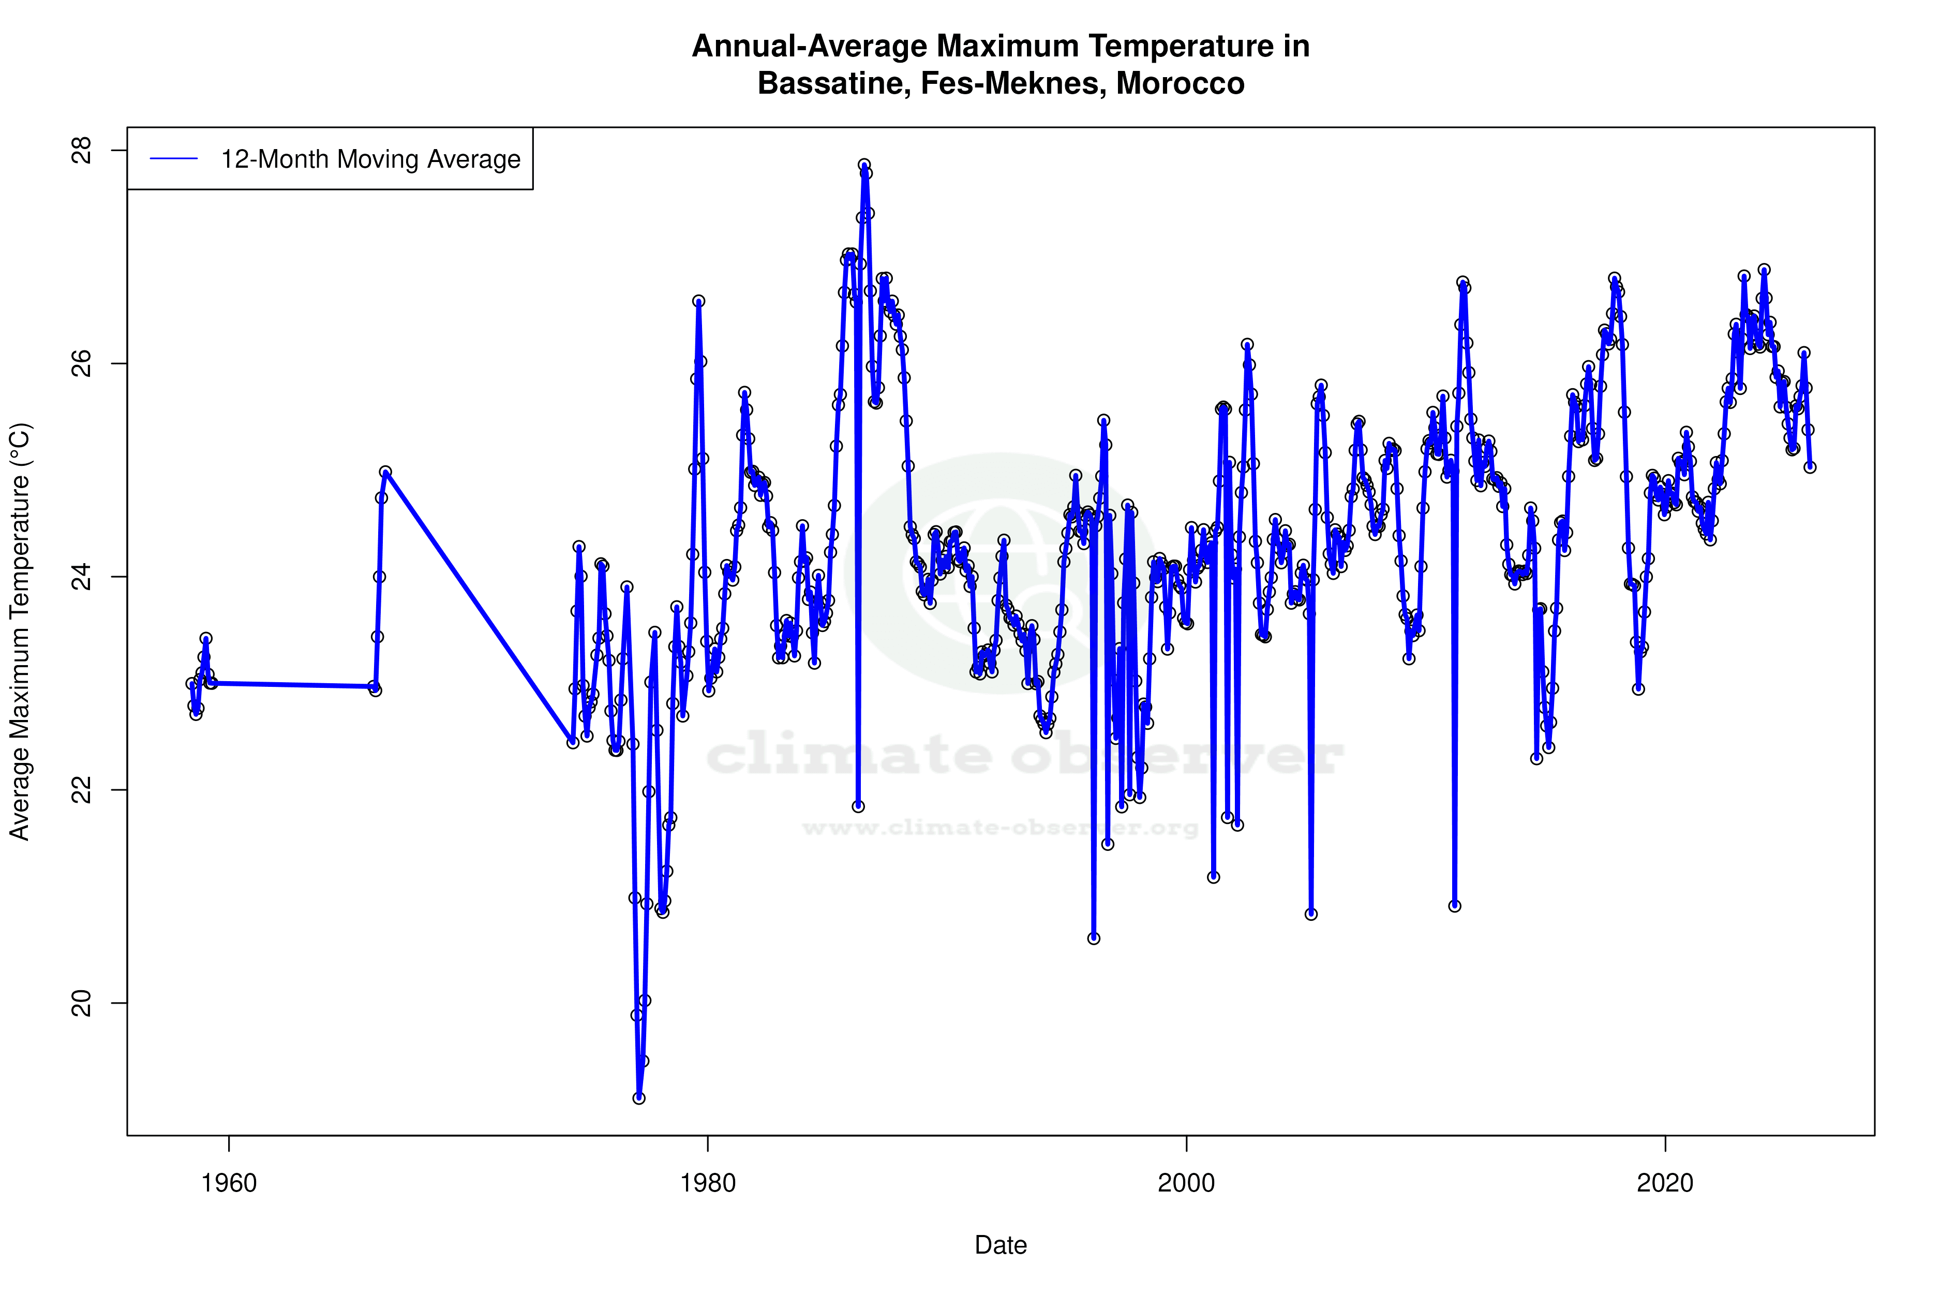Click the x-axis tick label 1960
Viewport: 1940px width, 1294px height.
pyautogui.click(x=229, y=1183)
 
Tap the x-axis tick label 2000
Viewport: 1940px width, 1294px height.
pyautogui.click(x=1186, y=1183)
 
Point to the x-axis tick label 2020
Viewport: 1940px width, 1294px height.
pyautogui.click(x=1664, y=1183)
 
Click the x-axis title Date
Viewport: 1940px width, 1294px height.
pyautogui.click(x=1001, y=1244)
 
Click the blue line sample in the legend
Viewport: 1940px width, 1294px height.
pyautogui.click(x=174, y=158)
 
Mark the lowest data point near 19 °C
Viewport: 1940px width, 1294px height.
pyautogui.click(x=638, y=1098)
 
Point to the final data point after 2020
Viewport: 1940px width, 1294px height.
pyautogui.click(x=1810, y=467)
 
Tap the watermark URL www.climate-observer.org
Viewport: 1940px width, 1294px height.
pyautogui.click(x=1001, y=828)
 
